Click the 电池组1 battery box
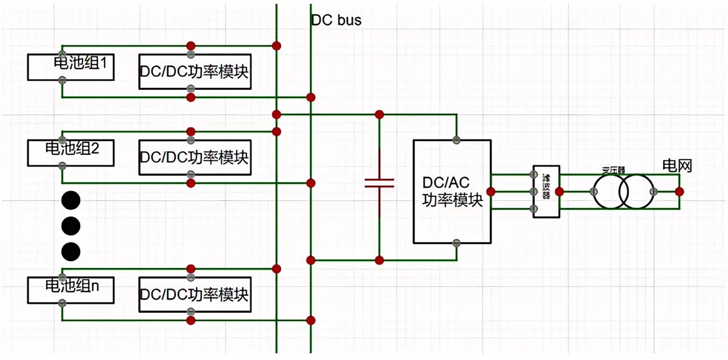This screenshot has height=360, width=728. (x=71, y=67)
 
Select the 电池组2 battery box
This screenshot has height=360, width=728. (x=71, y=151)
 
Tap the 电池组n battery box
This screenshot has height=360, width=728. (x=71, y=289)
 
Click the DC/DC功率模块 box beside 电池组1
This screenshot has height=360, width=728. (x=195, y=72)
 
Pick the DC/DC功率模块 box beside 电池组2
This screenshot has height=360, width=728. (x=195, y=158)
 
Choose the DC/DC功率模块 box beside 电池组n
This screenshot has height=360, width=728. (x=195, y=295)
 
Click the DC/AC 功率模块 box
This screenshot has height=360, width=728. (x=452, y=192)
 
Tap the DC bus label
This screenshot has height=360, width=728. (x=336, y=20)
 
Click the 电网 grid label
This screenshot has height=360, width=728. (x=677, y=165)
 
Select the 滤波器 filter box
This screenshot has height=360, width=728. (x=546, y=192)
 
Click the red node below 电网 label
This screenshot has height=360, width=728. (x=679, y=192)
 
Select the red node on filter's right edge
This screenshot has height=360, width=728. (x=560, y=192)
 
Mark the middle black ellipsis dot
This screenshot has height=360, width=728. (x=71, y=225)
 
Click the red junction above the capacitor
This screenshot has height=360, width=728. (x=379, y=115)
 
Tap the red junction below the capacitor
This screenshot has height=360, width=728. (x=379, y=260)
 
